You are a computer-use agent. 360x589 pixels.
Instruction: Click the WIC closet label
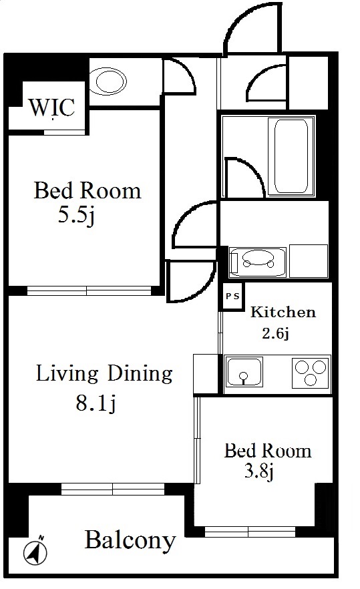point(52,108)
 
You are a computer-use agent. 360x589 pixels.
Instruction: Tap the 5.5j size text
point(76,216)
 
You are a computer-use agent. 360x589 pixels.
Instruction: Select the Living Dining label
point(104,374)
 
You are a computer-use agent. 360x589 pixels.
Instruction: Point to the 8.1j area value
point(96,404)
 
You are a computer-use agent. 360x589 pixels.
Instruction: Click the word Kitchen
point(283,312)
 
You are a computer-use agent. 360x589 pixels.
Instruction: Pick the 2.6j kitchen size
point(275,333)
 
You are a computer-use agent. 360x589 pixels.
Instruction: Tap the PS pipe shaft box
point(232,297)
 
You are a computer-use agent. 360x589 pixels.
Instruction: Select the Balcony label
point(130,540)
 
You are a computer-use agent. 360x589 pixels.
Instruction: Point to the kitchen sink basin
point(244,371)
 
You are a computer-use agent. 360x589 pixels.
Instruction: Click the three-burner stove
point(311,372)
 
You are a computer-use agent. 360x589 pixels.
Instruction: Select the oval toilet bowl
point(111,81)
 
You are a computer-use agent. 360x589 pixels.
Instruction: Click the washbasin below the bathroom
point(258,262)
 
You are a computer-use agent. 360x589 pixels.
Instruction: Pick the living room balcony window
point(113,489)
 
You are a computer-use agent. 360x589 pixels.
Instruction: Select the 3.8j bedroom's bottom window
point(250,532)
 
